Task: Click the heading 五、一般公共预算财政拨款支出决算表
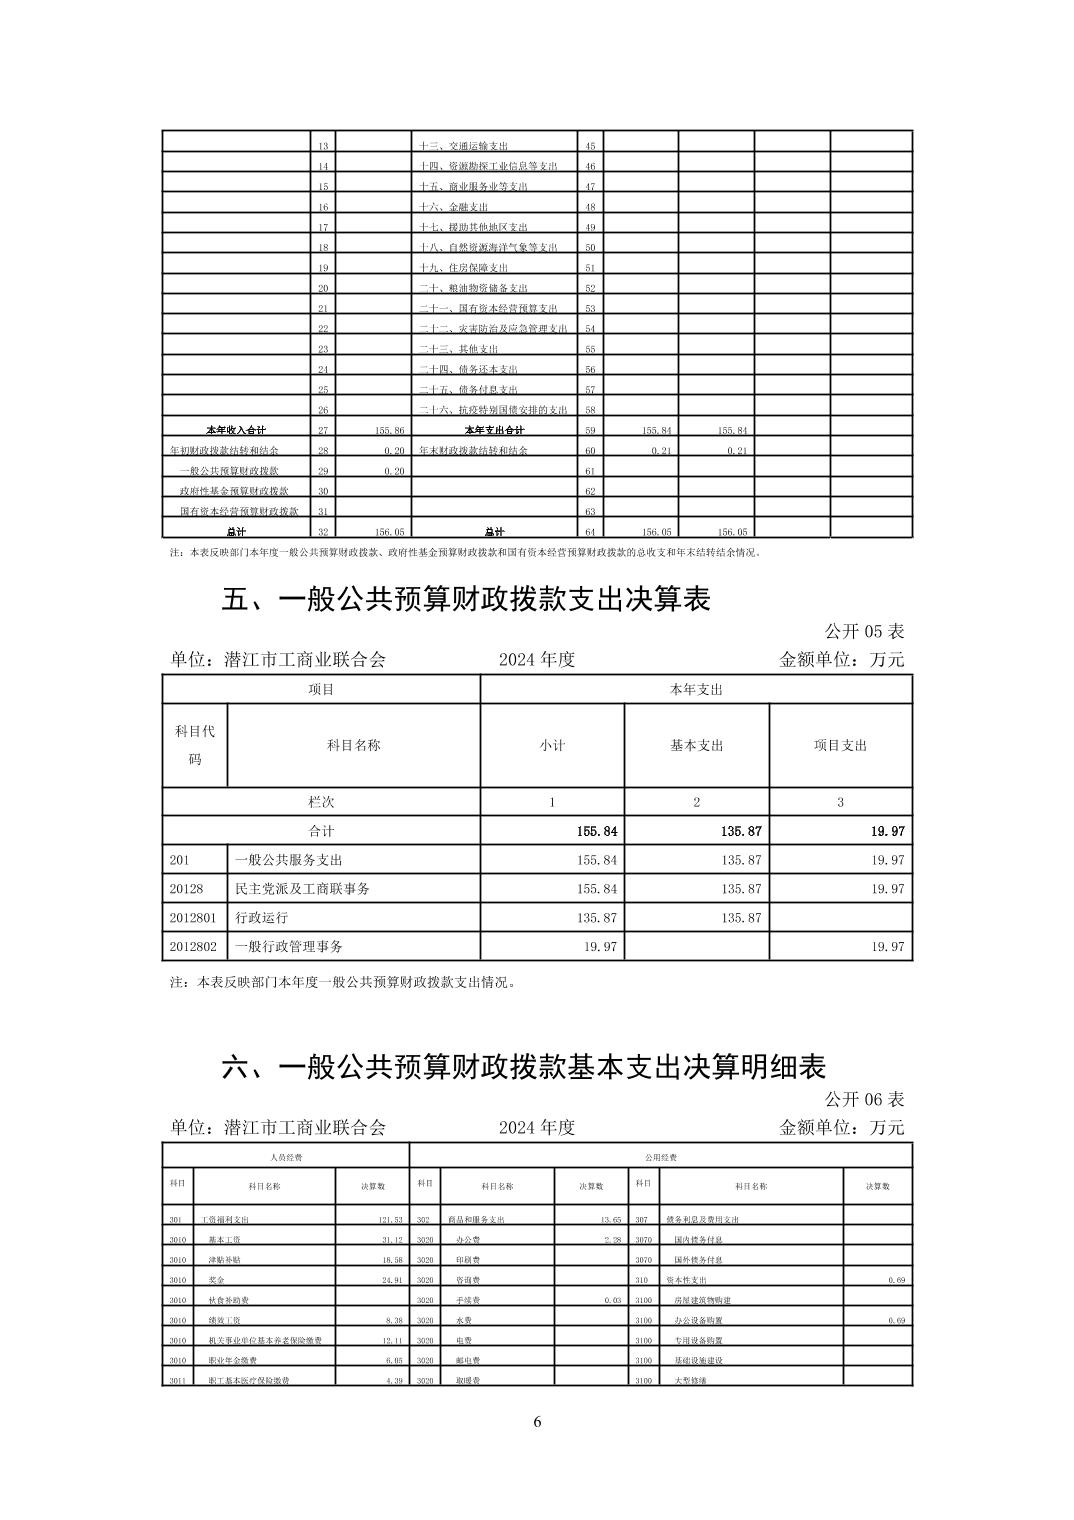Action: [x=465, y=600]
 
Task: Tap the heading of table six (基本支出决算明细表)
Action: [x=523, y=1067]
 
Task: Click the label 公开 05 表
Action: [x=864, y=632]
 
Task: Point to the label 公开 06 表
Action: [x=864, y=1099]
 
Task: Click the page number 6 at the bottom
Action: [x=537, y=1422]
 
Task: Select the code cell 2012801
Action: [x=193, y=917]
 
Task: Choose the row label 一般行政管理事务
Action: [x=288, y=946]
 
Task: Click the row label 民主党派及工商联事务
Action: [x=302, y=888]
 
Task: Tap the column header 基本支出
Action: [x=696, y=745]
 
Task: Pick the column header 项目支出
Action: [x=840, y=745]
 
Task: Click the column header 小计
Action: [x=552, y=745]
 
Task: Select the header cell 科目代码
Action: [x=195, y=745]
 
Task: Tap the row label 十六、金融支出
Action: [x=454, y=207]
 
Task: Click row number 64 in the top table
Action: [x=590, y=532]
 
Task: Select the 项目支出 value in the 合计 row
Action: [x=887, y=831]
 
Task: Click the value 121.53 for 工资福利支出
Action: [x=390, y=1220]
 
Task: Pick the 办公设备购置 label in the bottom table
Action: [x=703, y=1320]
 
